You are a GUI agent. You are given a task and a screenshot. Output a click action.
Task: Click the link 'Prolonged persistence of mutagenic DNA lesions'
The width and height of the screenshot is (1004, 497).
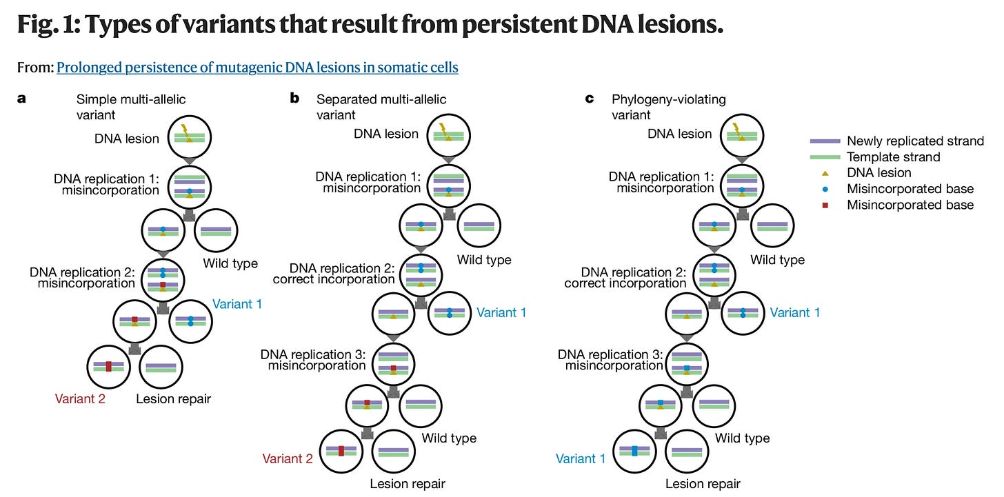coord(257,68)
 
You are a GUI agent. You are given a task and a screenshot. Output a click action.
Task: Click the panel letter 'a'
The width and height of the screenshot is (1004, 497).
coord(21,99)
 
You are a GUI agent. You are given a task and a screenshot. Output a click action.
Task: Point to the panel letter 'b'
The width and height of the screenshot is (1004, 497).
coord(294,99)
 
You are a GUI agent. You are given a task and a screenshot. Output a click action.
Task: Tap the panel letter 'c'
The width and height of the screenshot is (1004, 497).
coord(589,99)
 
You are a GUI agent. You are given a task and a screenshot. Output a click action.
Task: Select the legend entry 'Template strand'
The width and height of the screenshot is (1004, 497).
coord(893,157)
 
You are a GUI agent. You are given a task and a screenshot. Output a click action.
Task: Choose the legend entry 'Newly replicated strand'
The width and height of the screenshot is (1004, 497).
coord(915,141)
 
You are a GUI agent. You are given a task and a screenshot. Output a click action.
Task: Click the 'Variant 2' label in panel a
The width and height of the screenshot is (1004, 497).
coord(80,398)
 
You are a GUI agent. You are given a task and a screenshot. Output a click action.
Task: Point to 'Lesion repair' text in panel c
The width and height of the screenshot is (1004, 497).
coord(703,484)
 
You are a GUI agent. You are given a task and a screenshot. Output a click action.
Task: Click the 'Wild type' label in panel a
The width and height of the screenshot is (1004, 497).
coord(230,263)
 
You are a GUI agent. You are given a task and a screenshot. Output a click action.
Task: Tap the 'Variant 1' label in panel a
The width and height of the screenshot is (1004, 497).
coord(237,303)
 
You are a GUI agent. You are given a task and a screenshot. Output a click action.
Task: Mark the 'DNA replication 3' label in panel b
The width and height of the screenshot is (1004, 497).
coord(313,360)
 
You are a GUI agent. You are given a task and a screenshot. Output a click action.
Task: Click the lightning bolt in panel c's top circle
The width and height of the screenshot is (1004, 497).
coord(736,129)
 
